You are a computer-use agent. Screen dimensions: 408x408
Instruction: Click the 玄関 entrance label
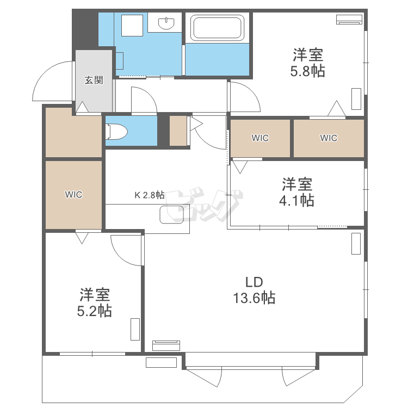(x=94, y=81)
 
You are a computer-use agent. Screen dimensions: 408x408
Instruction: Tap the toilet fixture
(x=116, y=132)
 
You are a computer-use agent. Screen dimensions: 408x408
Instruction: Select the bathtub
(x=216, y=28)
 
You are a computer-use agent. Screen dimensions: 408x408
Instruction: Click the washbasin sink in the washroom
(x=166, y=23)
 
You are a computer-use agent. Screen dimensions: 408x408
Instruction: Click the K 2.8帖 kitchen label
(x=149, y=195)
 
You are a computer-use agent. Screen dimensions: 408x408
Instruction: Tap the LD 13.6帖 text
(x=254, y=290)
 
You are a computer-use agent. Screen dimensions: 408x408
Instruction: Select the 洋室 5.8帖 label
(x=308, y=63)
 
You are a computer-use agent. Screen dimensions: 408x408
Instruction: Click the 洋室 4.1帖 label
(x=296, y=192)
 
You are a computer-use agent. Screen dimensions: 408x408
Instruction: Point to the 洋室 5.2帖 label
(x=95, y=302)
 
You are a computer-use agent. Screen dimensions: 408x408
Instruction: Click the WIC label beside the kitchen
(x=73, y=195)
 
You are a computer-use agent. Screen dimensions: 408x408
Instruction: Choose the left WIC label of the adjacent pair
(x=260, y=138)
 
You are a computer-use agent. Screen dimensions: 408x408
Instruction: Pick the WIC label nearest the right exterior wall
(x=329, y=138)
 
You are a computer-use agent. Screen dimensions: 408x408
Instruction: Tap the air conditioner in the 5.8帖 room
(x=349, y=20)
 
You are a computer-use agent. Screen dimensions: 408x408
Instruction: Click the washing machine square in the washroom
(x=131, y=25)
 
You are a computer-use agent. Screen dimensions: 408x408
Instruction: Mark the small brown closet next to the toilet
(x=178, y=131)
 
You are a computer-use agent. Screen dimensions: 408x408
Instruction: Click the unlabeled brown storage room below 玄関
(x=73, y=132)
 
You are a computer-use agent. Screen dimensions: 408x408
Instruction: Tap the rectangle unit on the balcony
(x=161, y=362)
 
